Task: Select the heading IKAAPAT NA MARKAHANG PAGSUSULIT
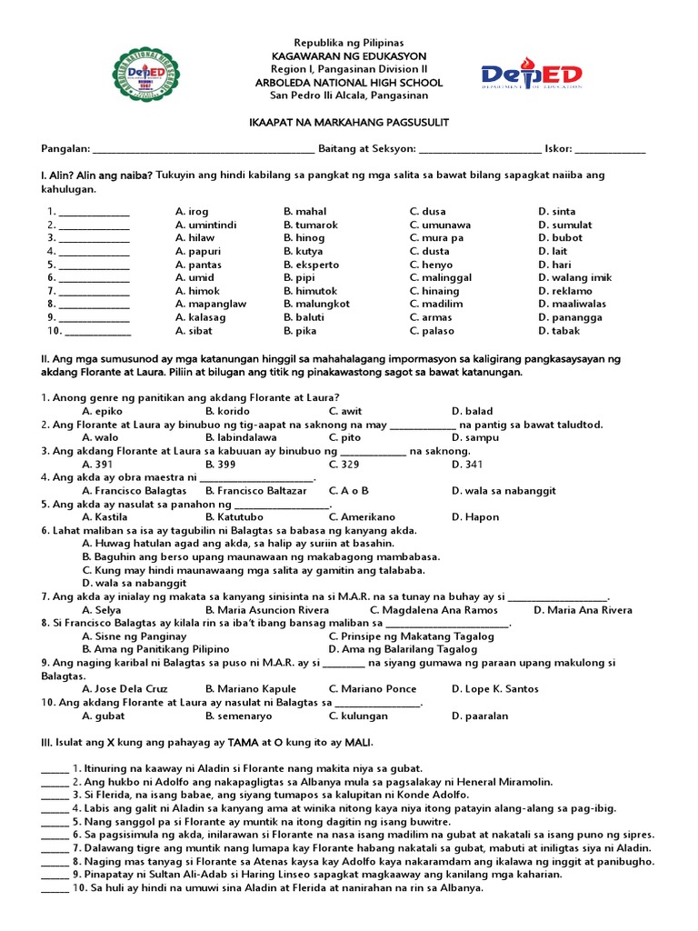[x=349, y=123]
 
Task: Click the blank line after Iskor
[x=610, y=150]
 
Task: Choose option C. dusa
[x=428, y=212]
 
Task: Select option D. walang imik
[x=574, y=277]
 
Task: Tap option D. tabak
[x=559, y=331]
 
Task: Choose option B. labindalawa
[x=241, y=437]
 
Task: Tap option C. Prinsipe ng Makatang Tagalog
[x=411, y=636]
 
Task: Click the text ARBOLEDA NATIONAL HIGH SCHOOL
[x=349, y=83]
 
